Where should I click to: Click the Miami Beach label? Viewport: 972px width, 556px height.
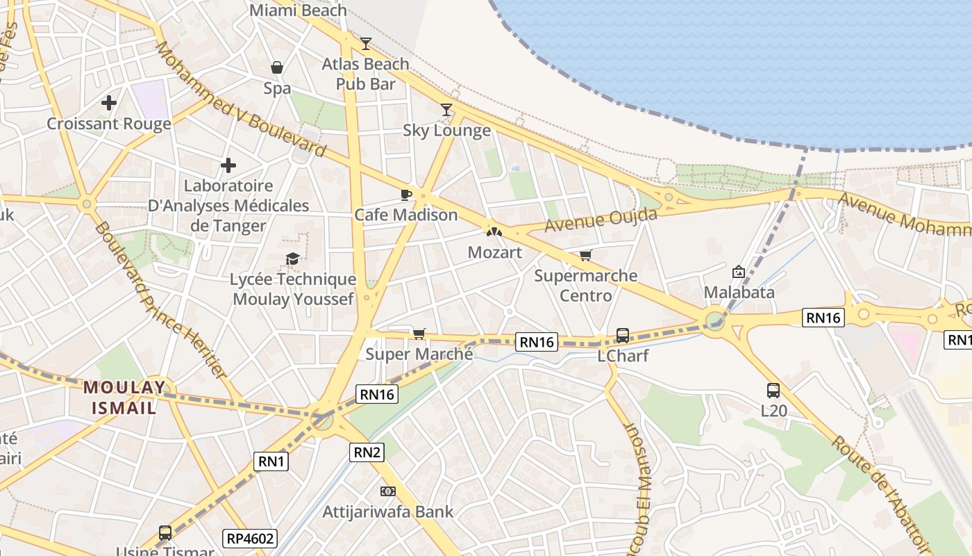(x=298, y=10)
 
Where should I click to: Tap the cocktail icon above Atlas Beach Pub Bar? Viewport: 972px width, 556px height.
(x=366, y=44)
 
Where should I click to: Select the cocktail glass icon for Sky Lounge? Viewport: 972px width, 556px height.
(x=446, y=110)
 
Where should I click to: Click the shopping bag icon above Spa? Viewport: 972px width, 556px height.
(x=277, y=67)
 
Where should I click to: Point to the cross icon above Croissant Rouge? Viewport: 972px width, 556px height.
(x=109, y=104)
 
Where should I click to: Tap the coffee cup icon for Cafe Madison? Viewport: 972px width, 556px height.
(x=406, y=195)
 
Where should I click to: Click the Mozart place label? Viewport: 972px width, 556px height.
(x=494, y=252)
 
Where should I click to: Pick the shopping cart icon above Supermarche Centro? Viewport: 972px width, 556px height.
(x=585, y=256)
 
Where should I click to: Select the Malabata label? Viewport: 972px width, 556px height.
(x=739, y=292)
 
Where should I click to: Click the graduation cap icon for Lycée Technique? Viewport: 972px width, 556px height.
(x=293, y=259)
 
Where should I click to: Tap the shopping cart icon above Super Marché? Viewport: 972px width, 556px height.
(x=419, y=334)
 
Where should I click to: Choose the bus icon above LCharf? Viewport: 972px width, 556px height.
(x=623, y=336)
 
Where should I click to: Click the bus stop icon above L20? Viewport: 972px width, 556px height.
(x=773, y=391)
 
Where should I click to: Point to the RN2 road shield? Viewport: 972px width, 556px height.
(x=367, y=452)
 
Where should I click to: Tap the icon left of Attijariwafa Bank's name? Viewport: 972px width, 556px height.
(x=388, y=491)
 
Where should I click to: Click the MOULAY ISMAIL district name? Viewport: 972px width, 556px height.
(x=125, y=397)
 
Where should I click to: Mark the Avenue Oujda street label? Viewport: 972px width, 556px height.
(x=601, y=221)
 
